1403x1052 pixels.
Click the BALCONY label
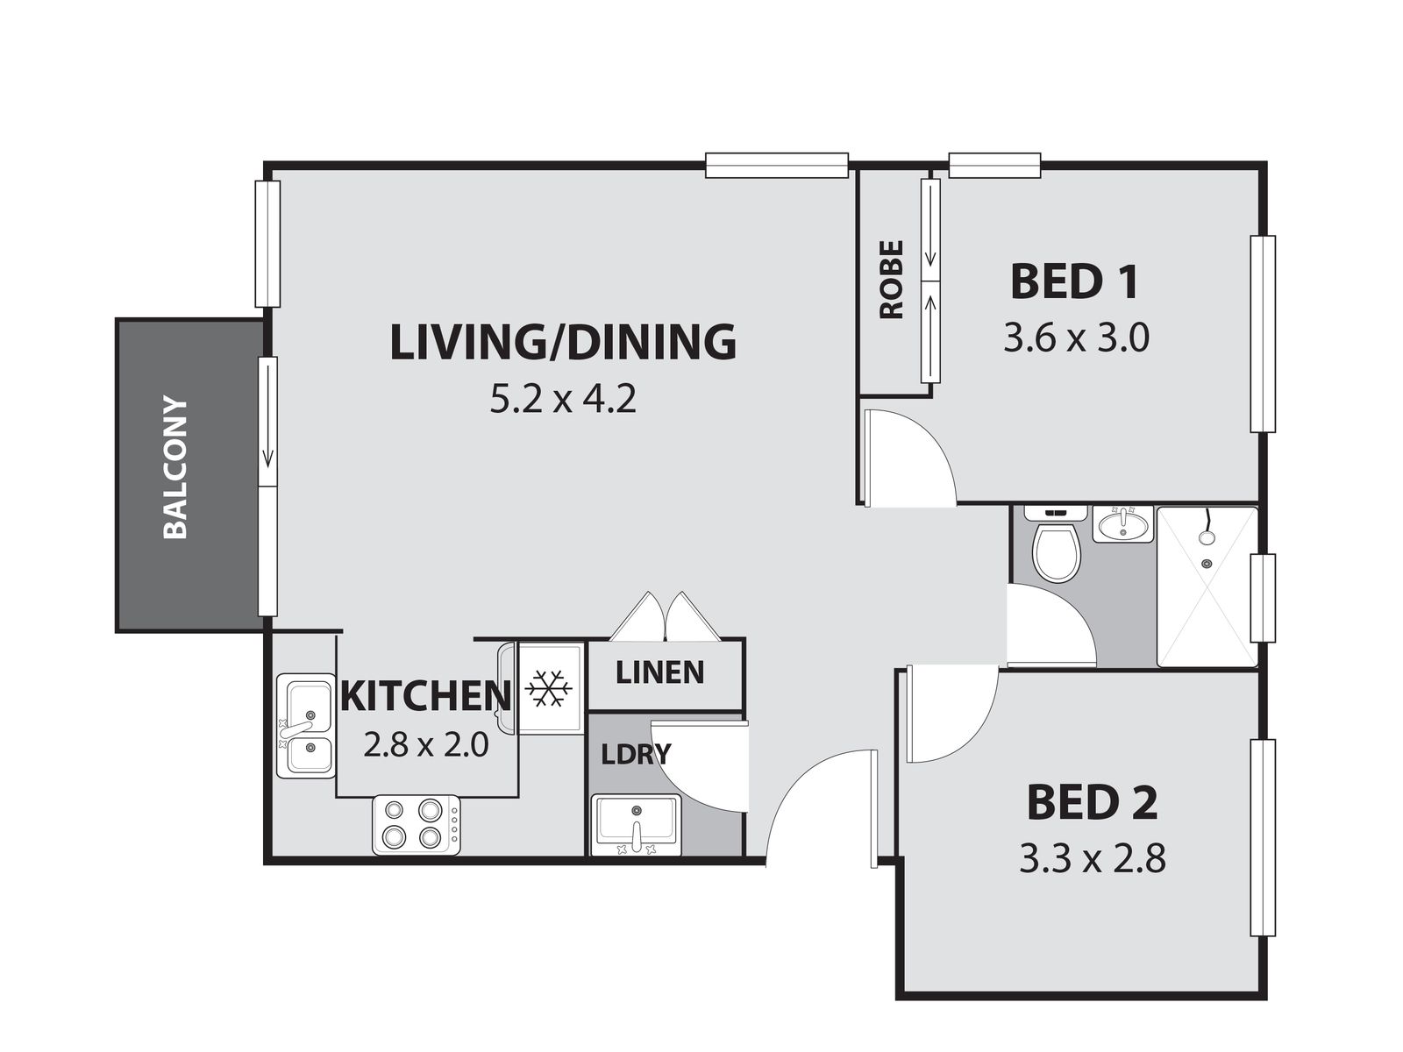(175, 467)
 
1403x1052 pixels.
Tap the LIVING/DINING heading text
(563, 342)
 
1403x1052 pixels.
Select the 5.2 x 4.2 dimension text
(562, 401)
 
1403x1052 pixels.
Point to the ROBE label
(892, 279)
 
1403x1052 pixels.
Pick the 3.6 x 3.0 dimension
(1076, 338)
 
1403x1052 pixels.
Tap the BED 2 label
(1093, 803)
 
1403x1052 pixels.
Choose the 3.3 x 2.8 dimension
(1093, 858)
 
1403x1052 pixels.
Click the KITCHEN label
(426, 695)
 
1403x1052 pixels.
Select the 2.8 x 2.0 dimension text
(425, 744)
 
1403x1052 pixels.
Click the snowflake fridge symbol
(548, 688)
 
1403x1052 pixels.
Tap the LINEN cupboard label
(659, 672)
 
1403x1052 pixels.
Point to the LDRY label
(636, 754)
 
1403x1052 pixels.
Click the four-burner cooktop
(417, 825)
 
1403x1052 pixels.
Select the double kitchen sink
(305, 726)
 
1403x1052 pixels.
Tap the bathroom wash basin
(1122, 524)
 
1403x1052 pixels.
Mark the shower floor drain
(1206, 564)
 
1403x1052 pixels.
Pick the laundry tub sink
(636, 824)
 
